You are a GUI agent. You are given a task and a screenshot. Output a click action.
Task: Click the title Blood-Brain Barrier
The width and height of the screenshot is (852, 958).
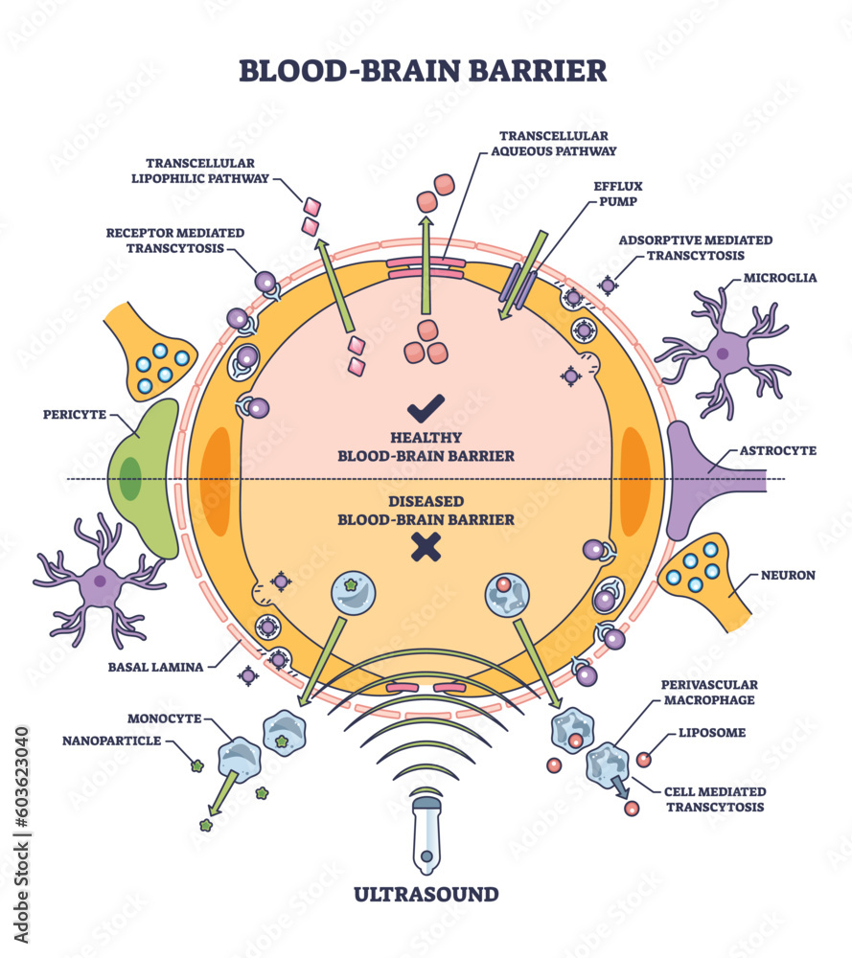pos(422,71)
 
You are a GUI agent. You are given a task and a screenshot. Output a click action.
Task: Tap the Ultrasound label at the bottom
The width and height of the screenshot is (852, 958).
pos(426,895)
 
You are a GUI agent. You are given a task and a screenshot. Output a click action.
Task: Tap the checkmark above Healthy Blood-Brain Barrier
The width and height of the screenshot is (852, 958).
pos(425,409)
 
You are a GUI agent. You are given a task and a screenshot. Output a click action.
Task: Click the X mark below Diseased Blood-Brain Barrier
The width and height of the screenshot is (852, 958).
pos(425,547)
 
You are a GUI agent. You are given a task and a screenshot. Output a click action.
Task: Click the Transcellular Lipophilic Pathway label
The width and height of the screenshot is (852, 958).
pos(206,170)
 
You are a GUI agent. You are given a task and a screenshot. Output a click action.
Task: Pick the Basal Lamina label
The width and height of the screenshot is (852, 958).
pos(156,666)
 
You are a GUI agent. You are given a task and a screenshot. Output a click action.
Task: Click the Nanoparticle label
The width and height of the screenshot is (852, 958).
pos(112,741)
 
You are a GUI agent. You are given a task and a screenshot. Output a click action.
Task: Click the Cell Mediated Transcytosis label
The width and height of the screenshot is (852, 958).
pos(715,799)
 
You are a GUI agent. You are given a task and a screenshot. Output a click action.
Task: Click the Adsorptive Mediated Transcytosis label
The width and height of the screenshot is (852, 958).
pos(695,247)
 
